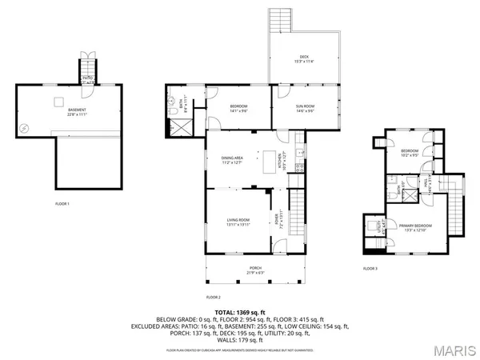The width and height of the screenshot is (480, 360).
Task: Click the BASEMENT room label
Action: coord(77,110)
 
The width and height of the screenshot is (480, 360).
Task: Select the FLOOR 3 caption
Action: coord(370,268)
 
